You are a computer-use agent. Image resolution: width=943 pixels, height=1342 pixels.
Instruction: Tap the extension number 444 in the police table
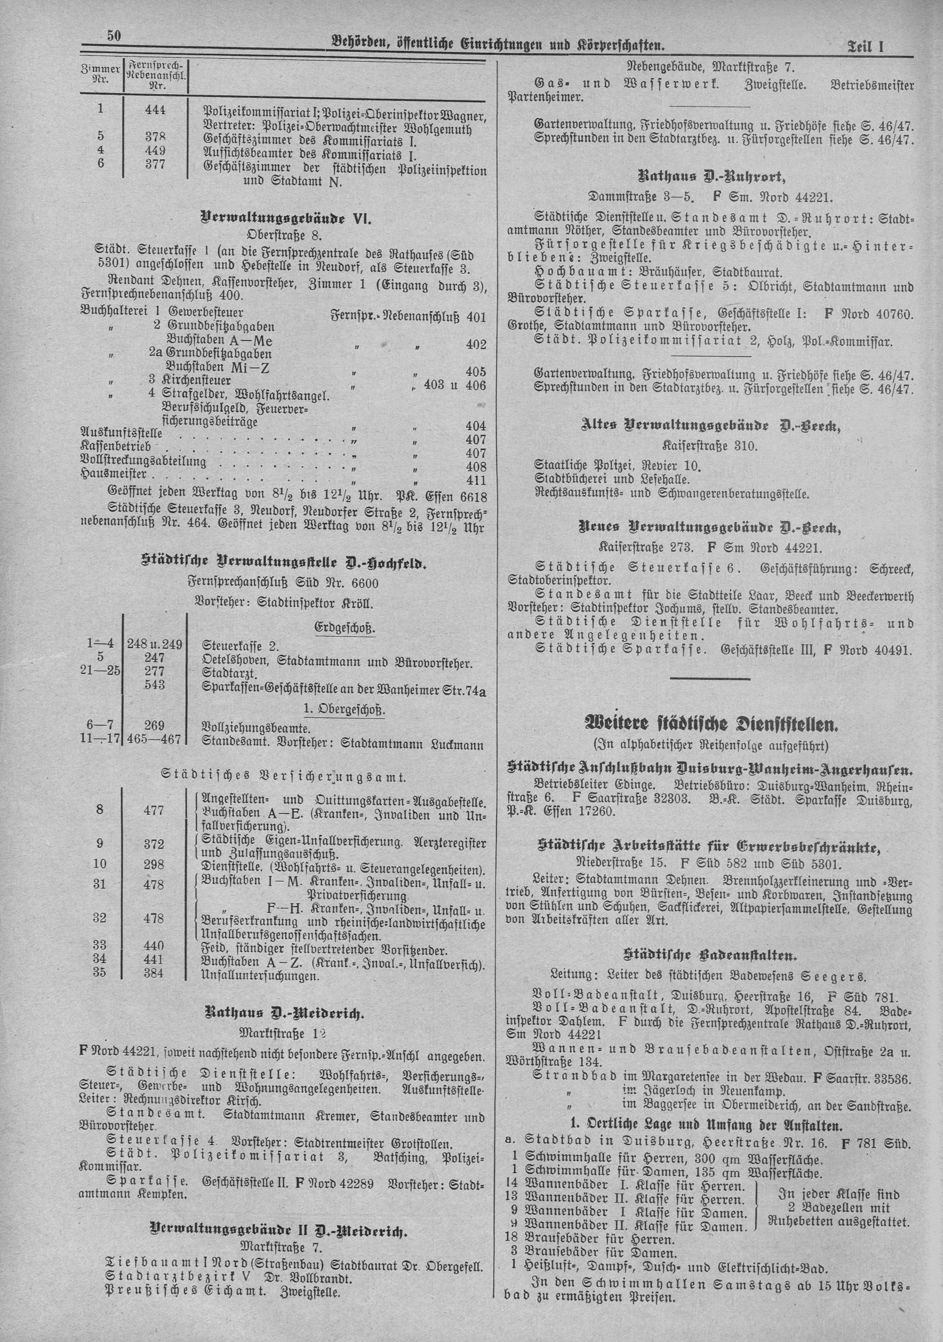tap(155, 110)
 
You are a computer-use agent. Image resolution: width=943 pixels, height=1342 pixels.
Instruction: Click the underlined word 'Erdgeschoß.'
tap(344, 628)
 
